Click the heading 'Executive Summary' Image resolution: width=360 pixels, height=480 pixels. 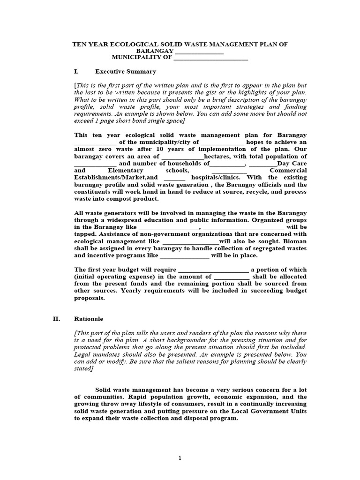(125, 72)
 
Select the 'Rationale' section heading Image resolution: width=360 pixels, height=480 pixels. (89, 319)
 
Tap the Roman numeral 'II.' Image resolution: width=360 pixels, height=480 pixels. (56, 319)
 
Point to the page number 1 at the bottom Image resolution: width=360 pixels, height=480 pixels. (180, 458)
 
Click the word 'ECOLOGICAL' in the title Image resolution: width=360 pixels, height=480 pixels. (133, 44)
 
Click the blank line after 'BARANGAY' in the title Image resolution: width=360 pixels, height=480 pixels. (199, 51)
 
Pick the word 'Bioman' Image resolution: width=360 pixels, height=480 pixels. (293, 248)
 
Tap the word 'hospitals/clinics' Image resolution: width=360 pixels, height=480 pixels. (216, 178)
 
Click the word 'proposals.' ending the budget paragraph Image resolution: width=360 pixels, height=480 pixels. (90, 298)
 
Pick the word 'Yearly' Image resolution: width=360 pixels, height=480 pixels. (134, 291)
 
